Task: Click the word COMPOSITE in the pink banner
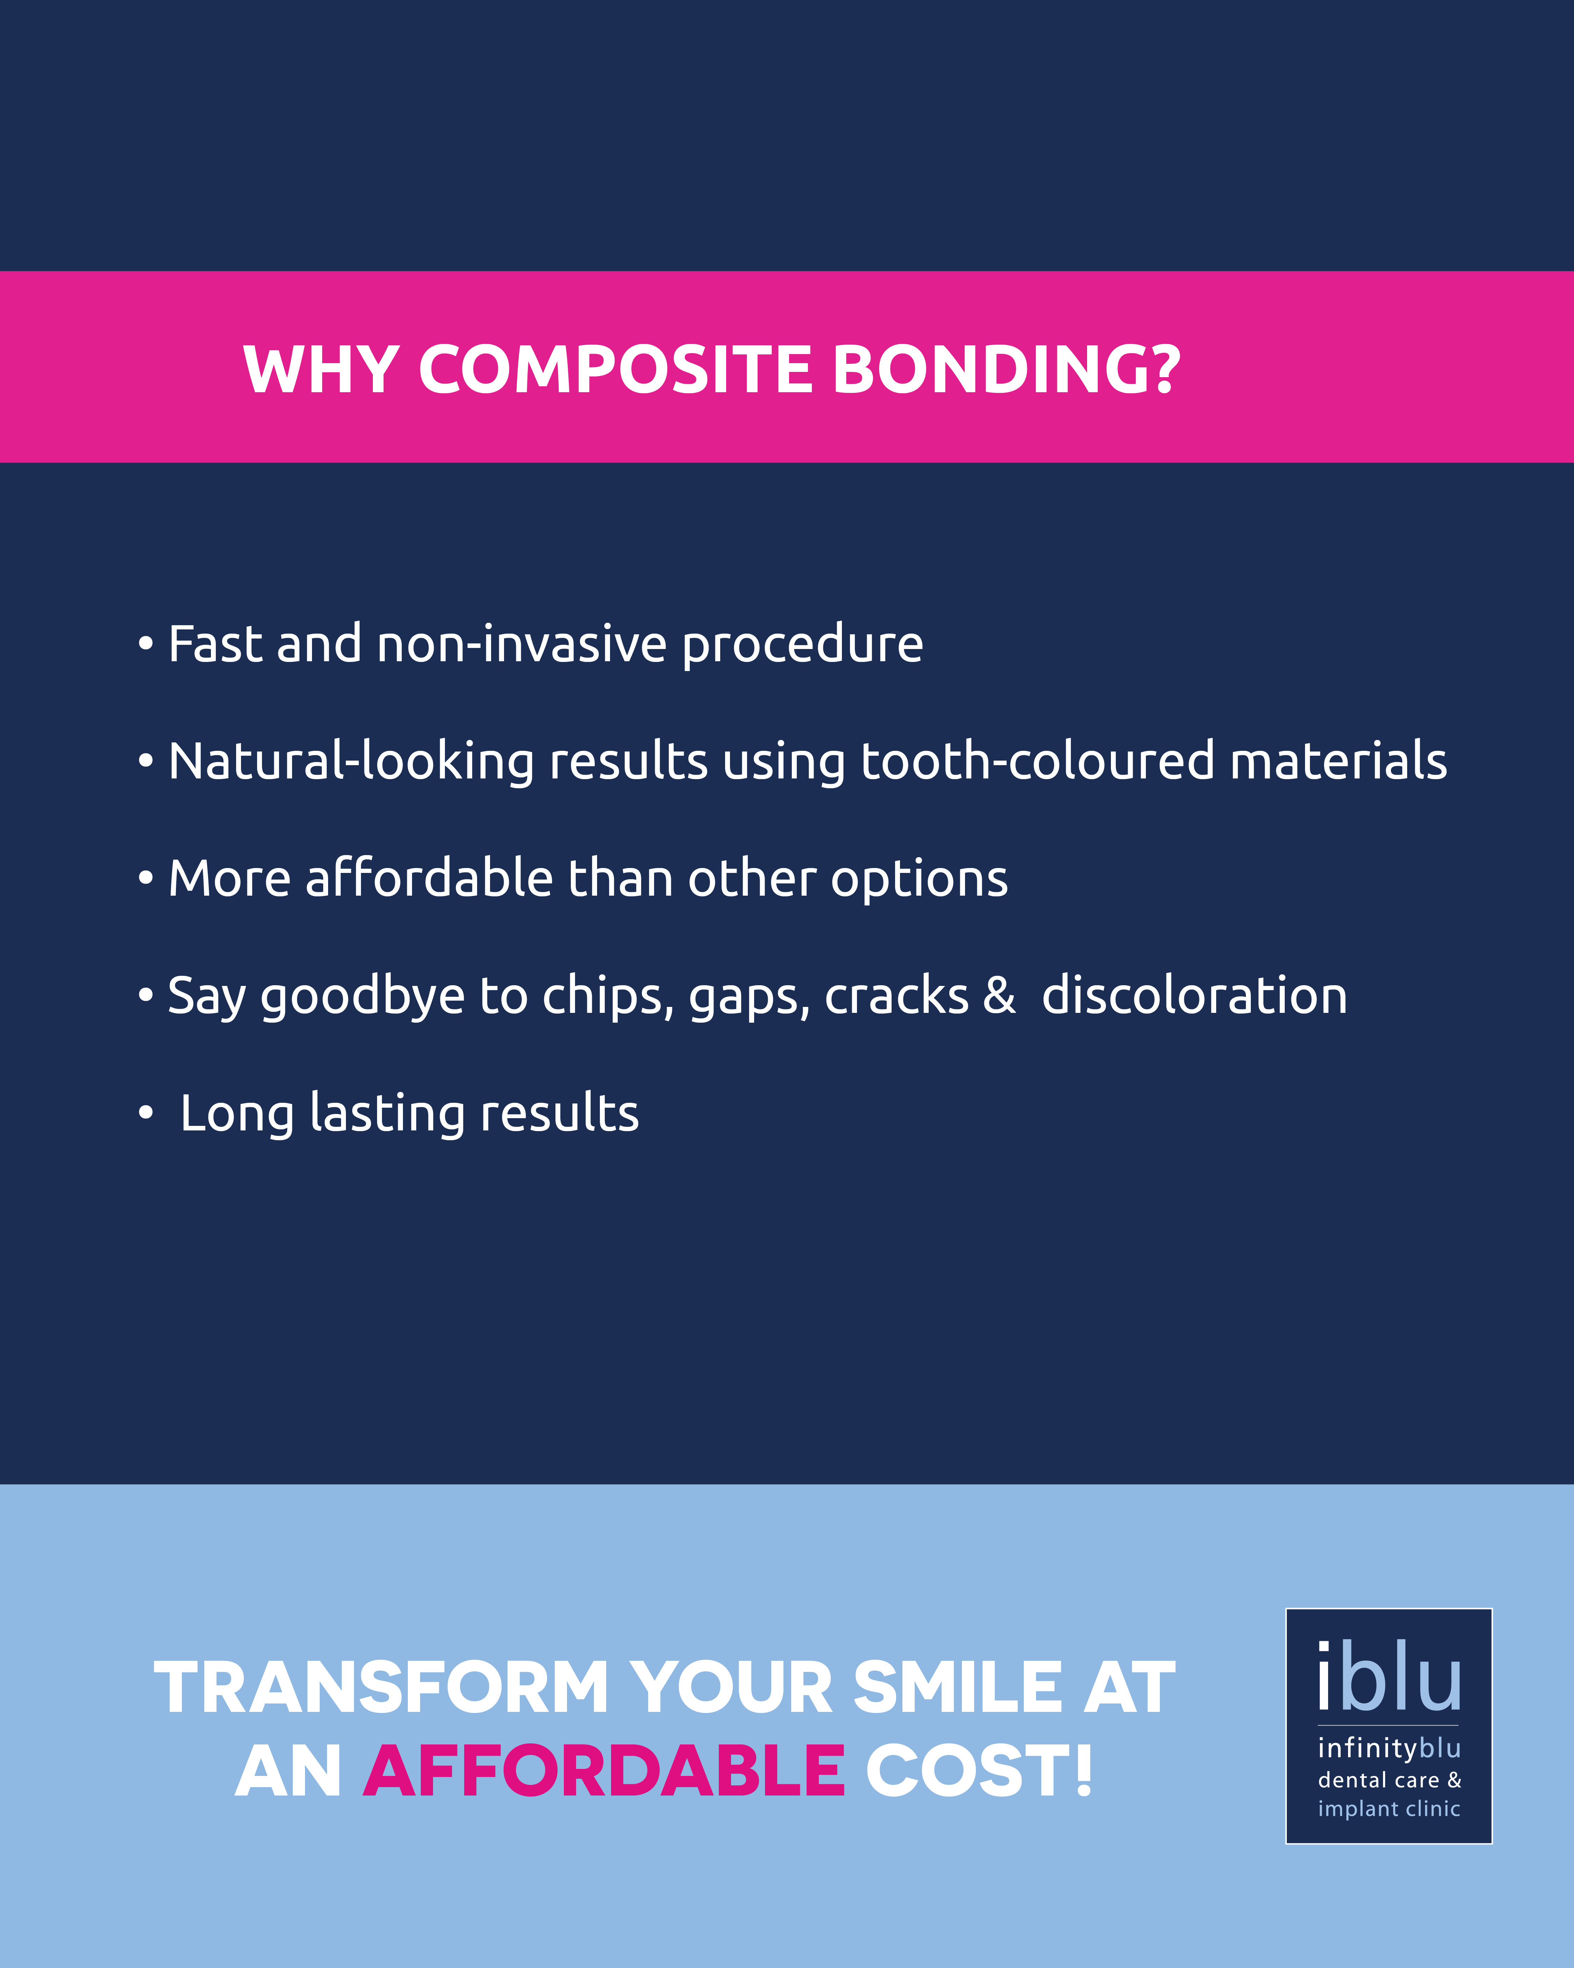coord(615,370)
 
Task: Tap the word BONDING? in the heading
coord(1006,370)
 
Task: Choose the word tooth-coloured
coord(1037,761)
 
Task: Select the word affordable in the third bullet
coord(429,878)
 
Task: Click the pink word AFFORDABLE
coord(604,1771)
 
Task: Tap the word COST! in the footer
coord(979,1771)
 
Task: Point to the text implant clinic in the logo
coord(1389,1809)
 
